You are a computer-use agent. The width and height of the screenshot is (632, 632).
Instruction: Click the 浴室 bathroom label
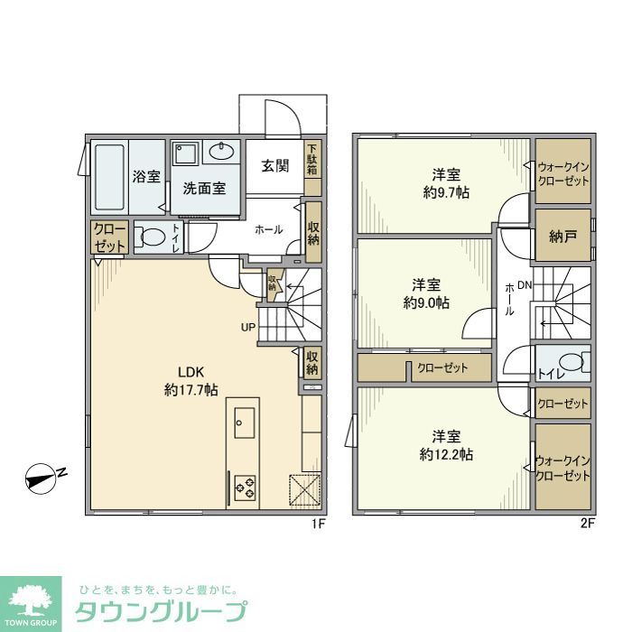coord(146,177)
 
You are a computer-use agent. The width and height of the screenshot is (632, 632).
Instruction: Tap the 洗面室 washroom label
coord(204,189)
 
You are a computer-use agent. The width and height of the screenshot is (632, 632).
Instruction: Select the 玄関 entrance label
coord(274,166)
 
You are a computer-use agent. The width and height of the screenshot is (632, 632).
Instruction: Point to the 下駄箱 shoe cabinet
coord(311,159)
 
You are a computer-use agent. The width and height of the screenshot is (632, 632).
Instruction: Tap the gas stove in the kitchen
coord(245,488)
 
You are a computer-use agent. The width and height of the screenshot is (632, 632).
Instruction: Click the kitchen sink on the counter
coord(244,420)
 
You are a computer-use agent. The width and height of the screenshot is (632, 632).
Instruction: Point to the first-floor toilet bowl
coord(150,240)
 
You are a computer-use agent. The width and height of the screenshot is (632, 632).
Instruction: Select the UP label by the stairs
coord(246,327)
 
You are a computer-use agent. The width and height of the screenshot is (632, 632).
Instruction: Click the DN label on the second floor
coord(525,285)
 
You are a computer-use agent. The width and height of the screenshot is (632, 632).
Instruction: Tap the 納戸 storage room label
coord(562,237)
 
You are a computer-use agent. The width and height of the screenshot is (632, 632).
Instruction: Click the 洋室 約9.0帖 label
coord(425,294)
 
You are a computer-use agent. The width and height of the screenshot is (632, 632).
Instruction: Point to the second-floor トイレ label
coord(546,371)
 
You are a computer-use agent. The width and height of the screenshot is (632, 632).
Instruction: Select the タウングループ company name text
coord(161,609)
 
